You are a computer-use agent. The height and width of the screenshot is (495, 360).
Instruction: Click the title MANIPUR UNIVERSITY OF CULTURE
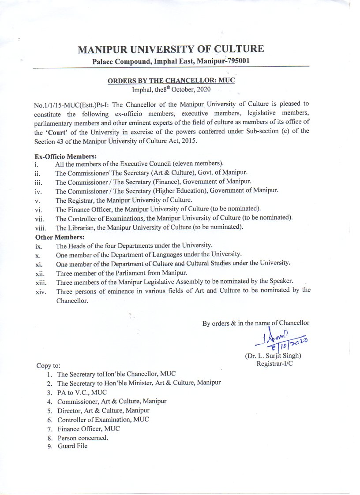171,49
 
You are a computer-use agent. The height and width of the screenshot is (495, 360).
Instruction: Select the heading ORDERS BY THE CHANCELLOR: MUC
171,81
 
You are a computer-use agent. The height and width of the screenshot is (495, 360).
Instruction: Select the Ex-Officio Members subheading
65,156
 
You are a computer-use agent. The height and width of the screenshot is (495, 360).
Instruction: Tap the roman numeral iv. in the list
38,191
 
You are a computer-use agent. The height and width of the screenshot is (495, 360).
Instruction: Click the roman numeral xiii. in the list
40,281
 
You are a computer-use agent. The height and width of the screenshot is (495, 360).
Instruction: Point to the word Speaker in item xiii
281,281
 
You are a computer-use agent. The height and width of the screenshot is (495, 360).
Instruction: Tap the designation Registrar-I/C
275,364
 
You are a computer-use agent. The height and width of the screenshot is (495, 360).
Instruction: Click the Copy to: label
48,365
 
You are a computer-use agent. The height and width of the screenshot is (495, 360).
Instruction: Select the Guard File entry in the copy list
72,446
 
